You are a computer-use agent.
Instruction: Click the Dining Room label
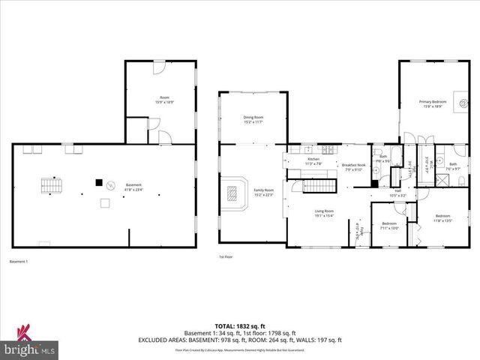click(253, 119)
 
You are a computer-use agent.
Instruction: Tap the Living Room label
click(324, 214)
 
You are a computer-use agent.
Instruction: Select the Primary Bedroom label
click(433, 103)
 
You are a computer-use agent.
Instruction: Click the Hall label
click(399, 192)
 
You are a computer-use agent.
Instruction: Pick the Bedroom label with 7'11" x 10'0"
click(389, 225)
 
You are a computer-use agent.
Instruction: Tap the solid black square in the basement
click(97, 181)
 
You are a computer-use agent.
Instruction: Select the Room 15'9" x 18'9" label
click(164, 100)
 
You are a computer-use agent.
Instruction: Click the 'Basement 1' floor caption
click(18, 261)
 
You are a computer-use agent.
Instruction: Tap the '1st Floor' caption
click(226, 256)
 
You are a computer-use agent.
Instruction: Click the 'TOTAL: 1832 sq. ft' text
click(239, 324)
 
